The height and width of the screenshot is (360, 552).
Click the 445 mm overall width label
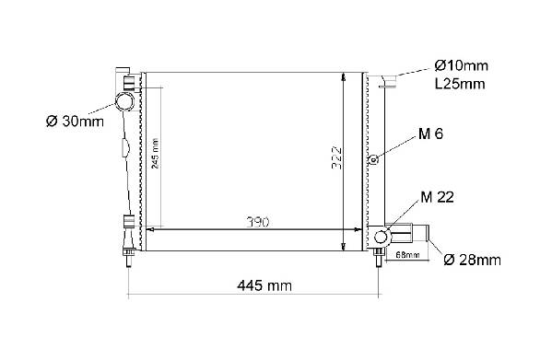click(x=264, y=285)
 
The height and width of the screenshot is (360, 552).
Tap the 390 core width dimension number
click(x=258, y=222)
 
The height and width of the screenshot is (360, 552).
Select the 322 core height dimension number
click(x=337, y=157)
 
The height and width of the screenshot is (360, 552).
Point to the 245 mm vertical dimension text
click(x=155, y=154)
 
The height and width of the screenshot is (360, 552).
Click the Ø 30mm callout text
click(x=75, y=122)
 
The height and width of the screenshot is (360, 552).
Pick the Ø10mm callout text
click(x=461, y=65)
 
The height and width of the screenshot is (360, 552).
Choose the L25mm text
click(x=460, y=84)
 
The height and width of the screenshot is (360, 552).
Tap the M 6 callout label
click(x=430, y=134)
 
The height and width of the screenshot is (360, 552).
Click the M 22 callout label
click(x=437, y=197)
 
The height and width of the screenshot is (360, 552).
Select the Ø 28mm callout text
click(x=473, y=260)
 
